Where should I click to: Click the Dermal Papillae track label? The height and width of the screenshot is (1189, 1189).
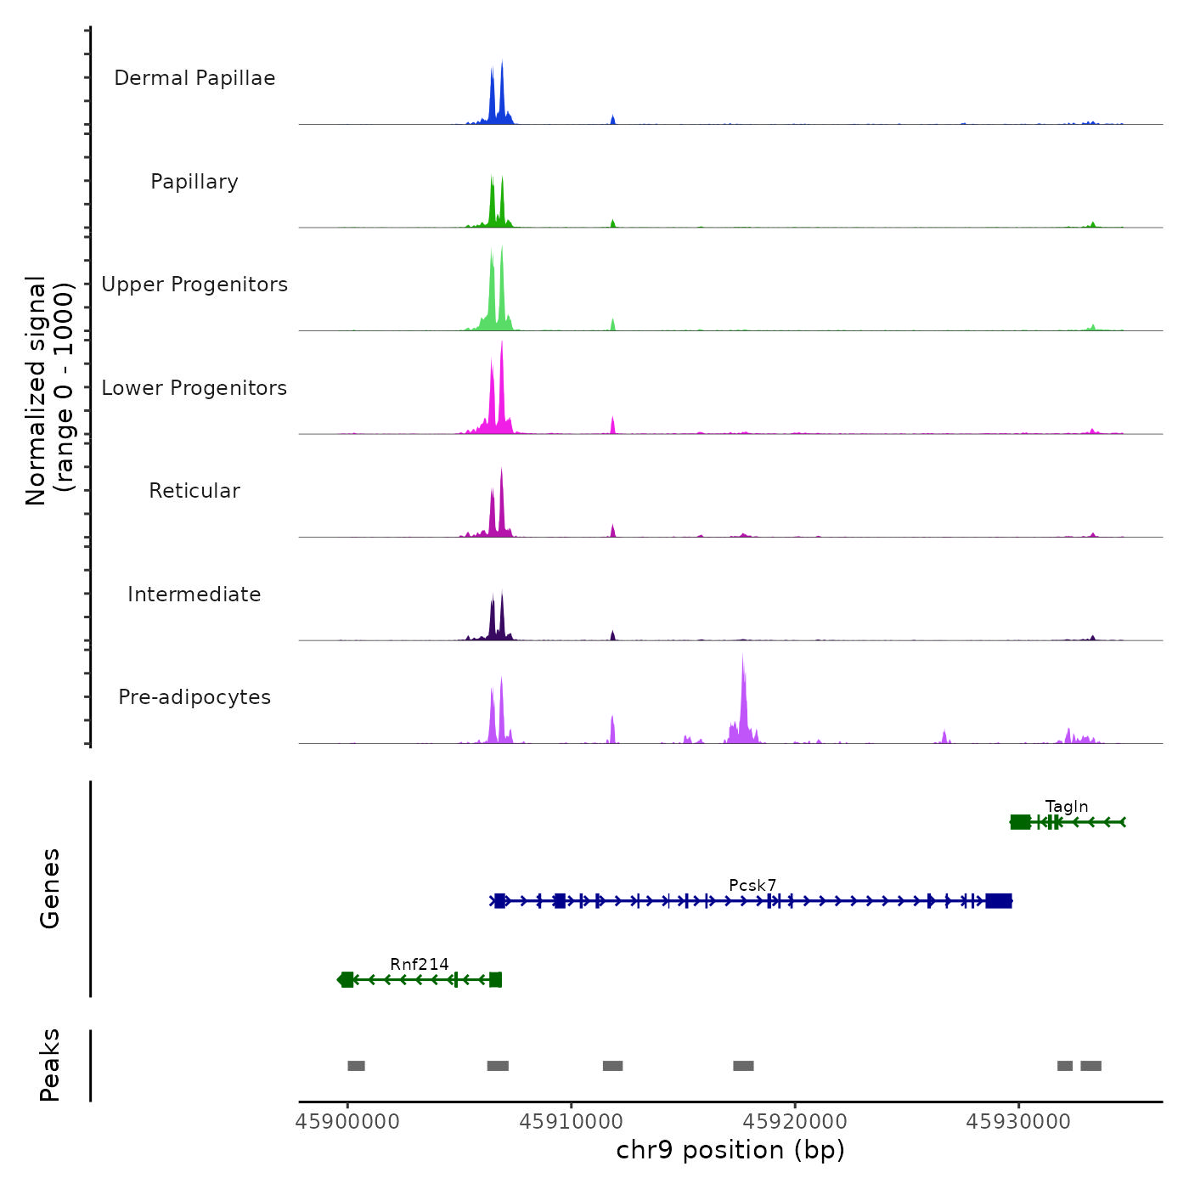click(x=194, y=78)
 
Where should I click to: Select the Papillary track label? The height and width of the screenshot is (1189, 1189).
click(x=194, y=182)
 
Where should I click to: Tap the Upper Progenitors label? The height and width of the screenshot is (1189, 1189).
click(x=194, y=285)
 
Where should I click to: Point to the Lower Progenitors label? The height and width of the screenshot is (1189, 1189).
click(x=194, y=388)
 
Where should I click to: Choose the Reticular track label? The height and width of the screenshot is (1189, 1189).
click(x=194, y=491)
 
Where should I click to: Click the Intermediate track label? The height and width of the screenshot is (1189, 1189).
click(x=194, y=594)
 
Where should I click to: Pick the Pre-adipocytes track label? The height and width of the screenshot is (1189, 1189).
click(x=194, y=697)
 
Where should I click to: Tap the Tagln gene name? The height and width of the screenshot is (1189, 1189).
click(x=1067, y=807)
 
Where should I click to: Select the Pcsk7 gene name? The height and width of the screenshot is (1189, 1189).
click(x=752, y=886)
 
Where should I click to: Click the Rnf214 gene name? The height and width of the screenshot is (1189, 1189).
click(x=420, y=964)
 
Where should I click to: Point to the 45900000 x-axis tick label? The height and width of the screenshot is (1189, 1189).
click(x=347, y=1122)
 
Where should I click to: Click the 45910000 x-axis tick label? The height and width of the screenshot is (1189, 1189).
click(x=572, y=1122)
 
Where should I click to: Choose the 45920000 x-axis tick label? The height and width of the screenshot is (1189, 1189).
click(x=795, y=1122)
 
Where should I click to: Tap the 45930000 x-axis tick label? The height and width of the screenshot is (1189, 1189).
click(x=1019, y=1122)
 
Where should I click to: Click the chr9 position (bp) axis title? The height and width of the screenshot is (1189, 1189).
click(x=730, y=1150)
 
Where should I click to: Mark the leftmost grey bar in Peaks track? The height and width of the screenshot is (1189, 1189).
click(x=357, y=1066)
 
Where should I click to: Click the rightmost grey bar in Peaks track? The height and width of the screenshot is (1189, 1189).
click(x=1091, y=1066)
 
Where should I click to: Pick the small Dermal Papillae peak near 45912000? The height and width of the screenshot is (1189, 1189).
click(x=613, y=120)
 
